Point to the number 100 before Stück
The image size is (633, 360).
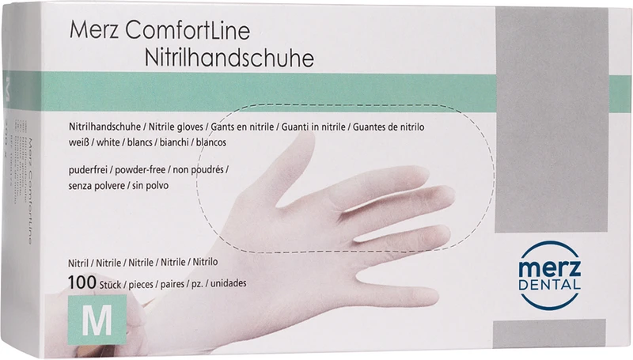(81, 282)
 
